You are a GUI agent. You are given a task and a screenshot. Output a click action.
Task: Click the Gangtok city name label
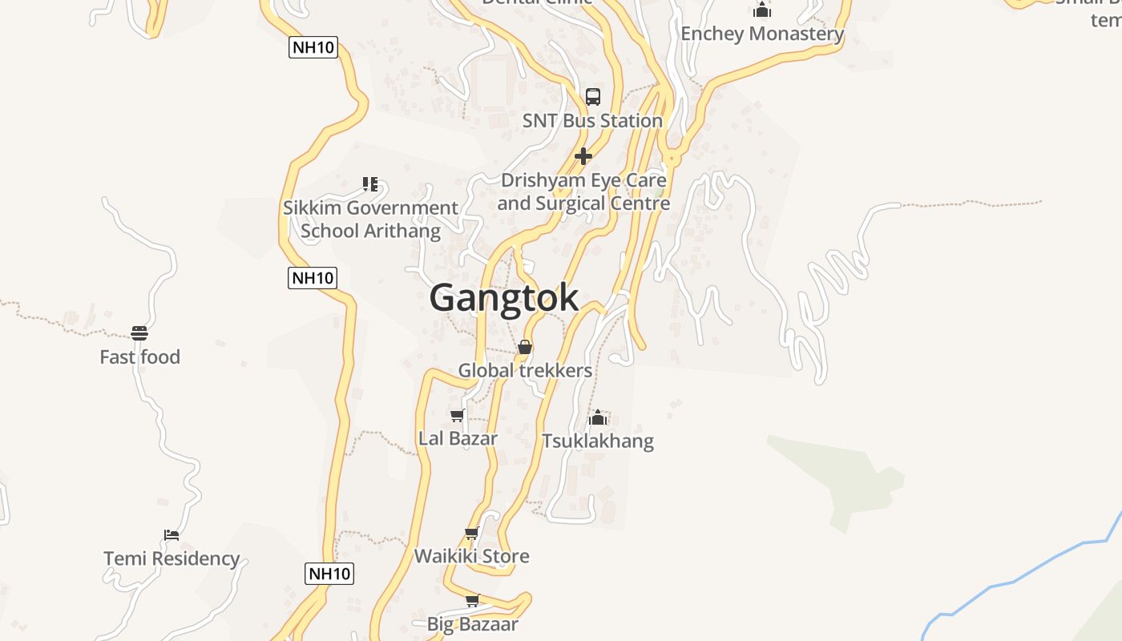[503, 298]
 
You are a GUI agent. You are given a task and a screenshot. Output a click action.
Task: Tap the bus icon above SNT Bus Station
[593, 97]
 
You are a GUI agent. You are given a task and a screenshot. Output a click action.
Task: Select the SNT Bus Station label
[592, 121]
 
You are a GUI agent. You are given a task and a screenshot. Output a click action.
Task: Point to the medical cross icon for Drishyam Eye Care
[583, 155]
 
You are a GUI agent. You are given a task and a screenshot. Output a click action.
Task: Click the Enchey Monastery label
[762, 34]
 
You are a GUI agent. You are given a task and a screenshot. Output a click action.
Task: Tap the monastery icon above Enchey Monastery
[762, 10]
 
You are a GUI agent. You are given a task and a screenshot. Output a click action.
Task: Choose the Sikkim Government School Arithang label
[370, 220]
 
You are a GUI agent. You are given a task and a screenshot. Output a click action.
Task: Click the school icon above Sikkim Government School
[370, 184]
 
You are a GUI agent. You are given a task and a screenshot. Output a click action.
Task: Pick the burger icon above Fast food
[139, 333]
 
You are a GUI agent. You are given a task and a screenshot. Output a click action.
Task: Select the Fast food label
[139, 357]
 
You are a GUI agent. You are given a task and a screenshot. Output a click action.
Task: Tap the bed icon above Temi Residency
[171, 534]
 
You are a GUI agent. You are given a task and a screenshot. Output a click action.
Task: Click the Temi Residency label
[172, 558]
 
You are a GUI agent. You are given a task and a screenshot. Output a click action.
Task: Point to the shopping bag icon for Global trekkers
[525, 347]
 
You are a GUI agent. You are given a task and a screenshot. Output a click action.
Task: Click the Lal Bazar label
[458, 439]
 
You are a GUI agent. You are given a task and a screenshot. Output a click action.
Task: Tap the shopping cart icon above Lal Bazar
[458, 415]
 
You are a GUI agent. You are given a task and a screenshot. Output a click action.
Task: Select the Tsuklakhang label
[598, 441]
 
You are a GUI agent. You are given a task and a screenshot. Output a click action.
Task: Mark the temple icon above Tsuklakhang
[598, 417]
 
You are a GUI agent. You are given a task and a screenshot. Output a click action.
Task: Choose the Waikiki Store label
[471, 556]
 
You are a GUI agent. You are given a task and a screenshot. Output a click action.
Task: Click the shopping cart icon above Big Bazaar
[473, 600]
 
